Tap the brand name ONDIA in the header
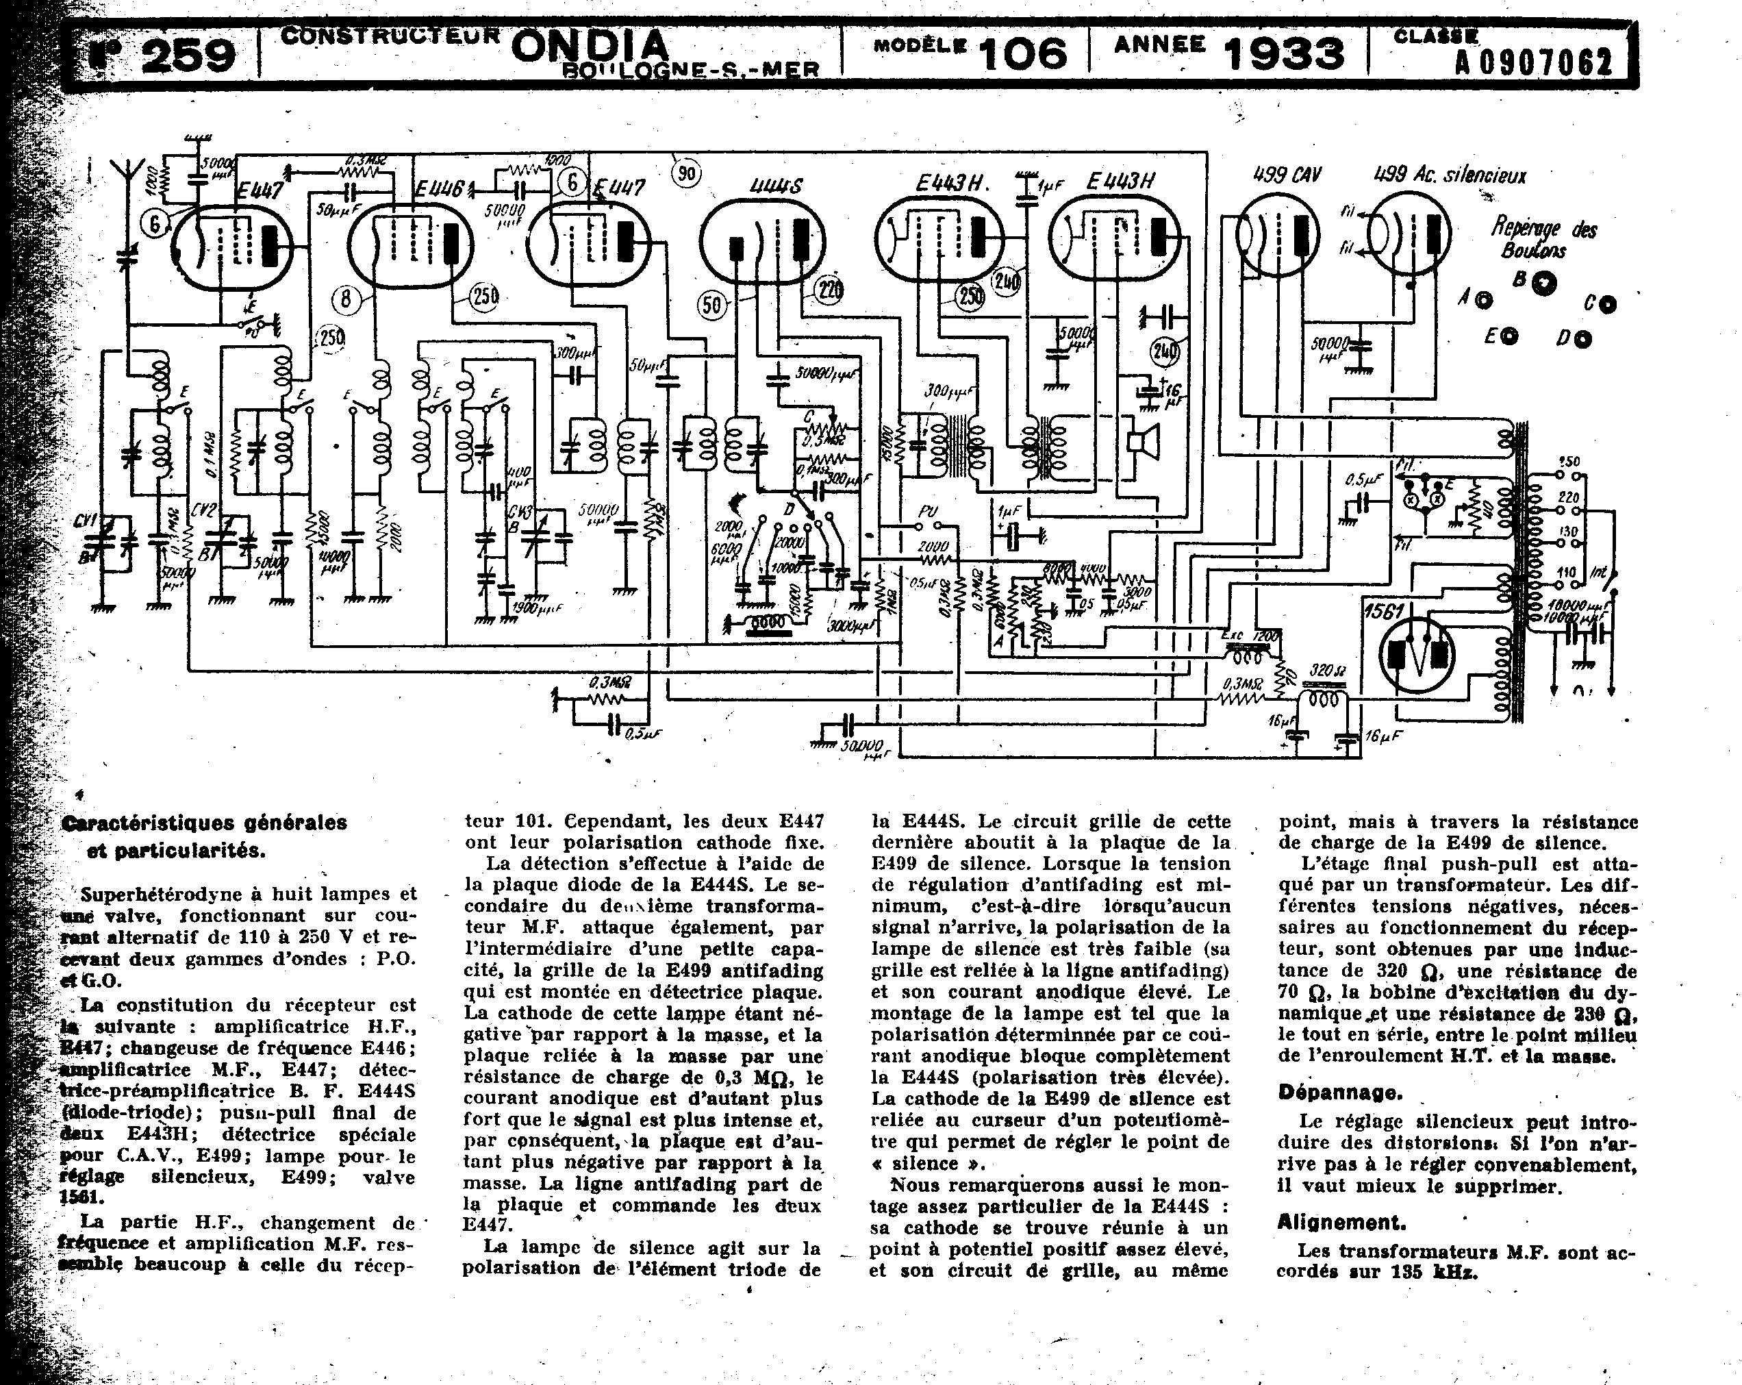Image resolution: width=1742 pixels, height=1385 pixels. [x=590, y=46]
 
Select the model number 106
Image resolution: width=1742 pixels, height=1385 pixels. [x=1023, y=54]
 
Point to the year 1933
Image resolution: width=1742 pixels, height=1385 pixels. [x=1285, y=54]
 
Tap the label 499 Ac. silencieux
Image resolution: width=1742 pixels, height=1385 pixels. [x=1450, y=175]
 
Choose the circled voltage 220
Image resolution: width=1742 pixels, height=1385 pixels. [x=829, y=288]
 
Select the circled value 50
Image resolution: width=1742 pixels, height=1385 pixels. [x=711, y=305]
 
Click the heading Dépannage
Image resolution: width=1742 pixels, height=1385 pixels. [x=1339, y=1093]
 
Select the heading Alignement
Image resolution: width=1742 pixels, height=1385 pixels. [x=1341, y=1222]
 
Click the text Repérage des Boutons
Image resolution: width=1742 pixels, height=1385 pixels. [x=1543, y=239]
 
